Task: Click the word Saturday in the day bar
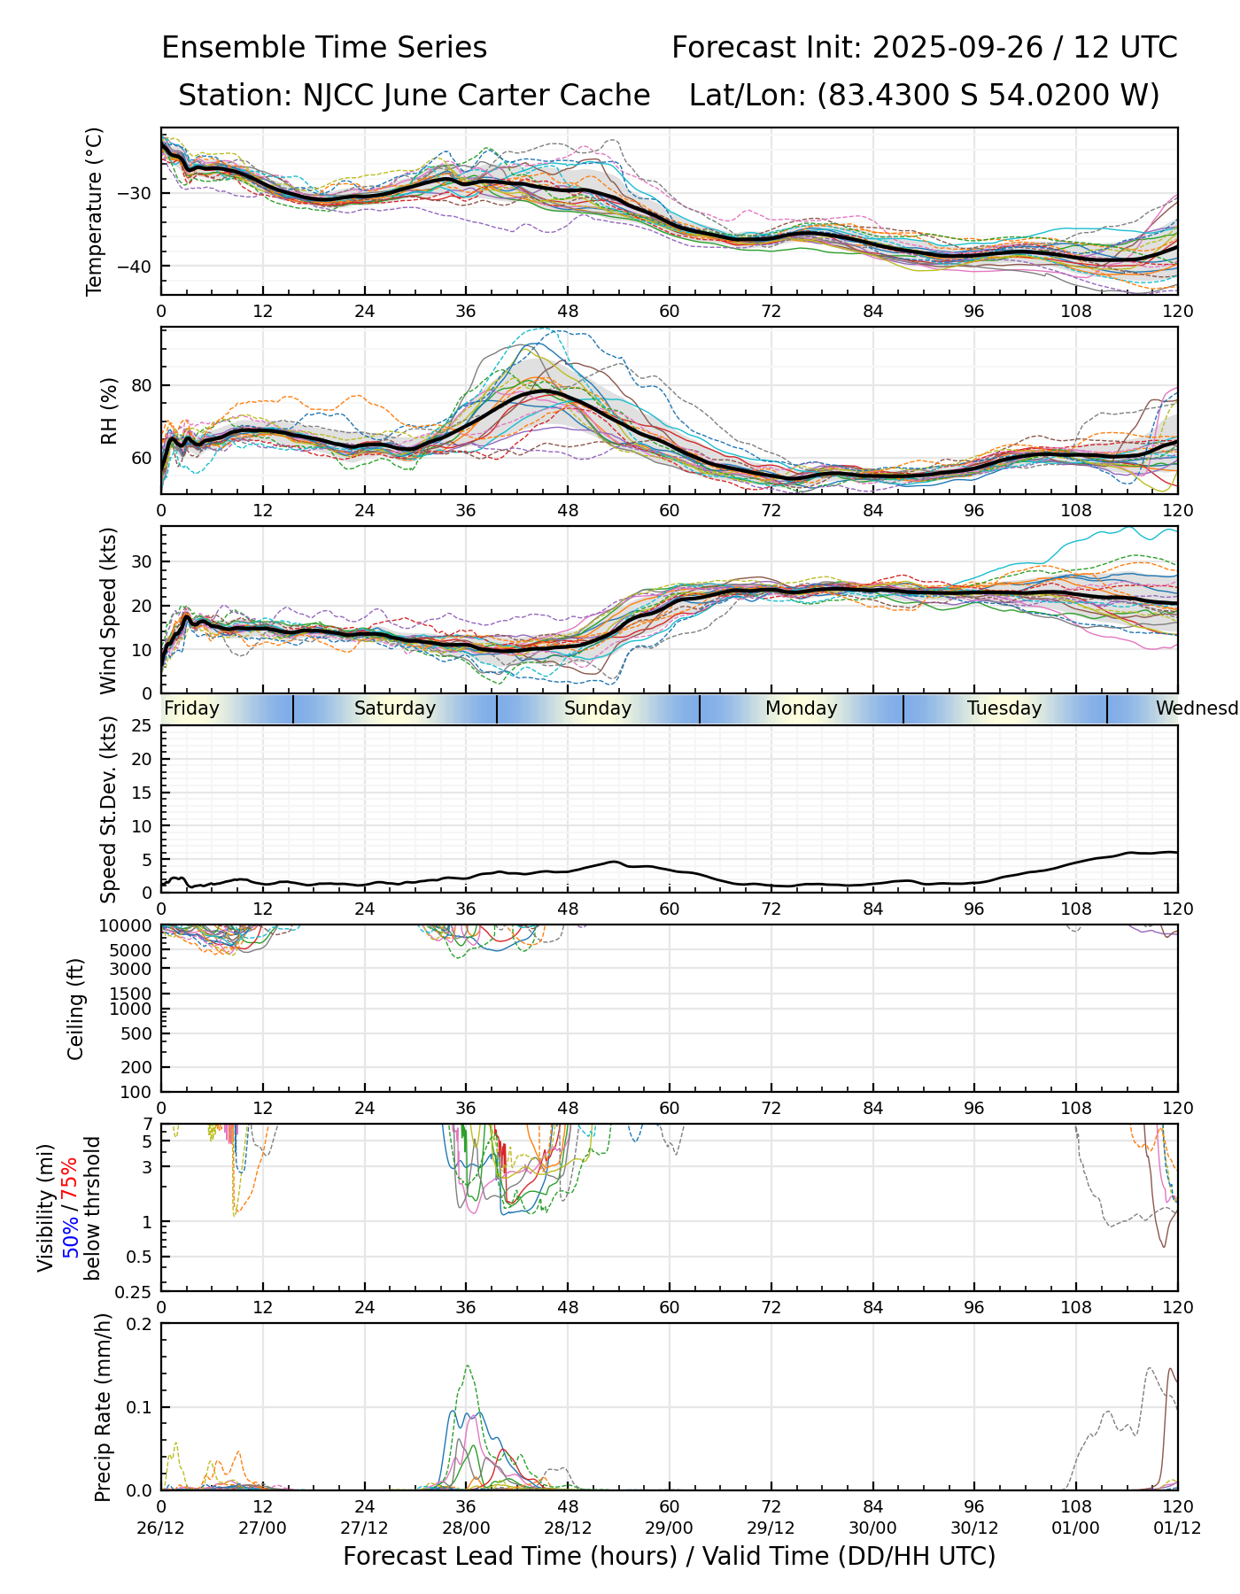pos(395,708)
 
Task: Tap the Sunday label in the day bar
pos(598,708)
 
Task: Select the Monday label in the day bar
pos(801,708)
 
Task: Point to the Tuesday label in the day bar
pos(1004,708)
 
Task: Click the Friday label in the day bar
pos(192,708)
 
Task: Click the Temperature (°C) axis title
pos(95,211)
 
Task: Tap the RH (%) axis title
pos(109,411)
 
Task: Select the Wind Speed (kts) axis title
pos(109,610)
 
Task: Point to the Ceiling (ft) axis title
pos(76,1009)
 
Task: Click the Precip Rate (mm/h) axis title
pos(104,1407)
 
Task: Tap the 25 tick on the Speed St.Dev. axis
pos(142,726)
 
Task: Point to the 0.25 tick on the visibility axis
pos(135,1291)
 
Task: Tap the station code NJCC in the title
pos(334,95)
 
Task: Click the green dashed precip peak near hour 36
pos(467,1366)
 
